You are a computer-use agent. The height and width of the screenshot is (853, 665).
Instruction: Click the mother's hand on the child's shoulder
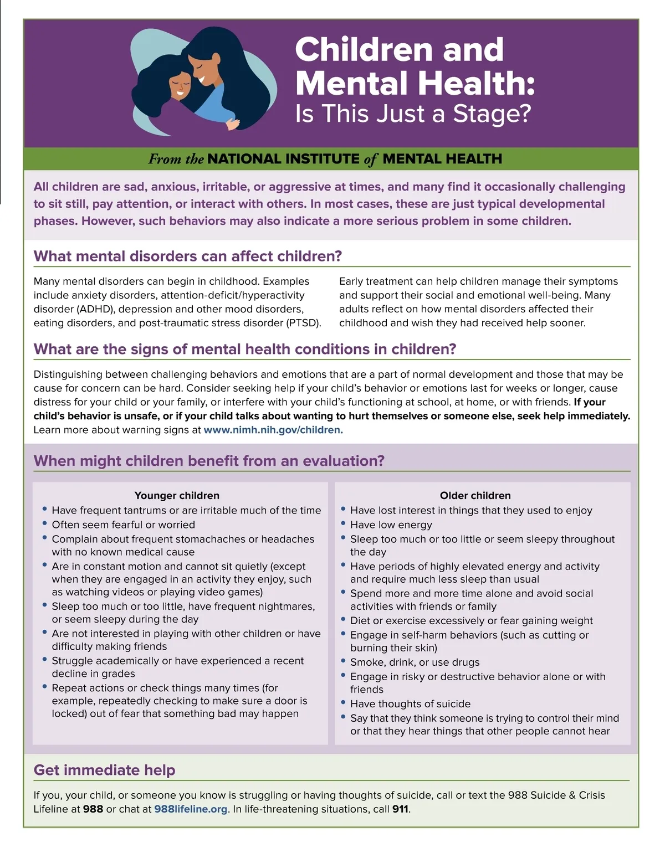click(x=233, y=124)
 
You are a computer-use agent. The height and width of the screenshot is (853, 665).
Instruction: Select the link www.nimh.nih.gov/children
click(x=273, y=430)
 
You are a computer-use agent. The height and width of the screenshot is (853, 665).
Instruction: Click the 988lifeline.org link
click(x=191, y=809)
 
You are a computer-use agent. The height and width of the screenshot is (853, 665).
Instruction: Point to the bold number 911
click(x=401, y=809)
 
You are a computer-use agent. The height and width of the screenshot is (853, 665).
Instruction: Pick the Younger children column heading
click(x=177, y=496)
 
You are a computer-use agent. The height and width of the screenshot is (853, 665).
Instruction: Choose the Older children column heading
click(x=475, y=496)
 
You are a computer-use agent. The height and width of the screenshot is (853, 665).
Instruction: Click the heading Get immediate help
click(x=104, y=770)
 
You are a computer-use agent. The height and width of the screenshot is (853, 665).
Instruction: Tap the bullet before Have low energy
click(x=344, y=523)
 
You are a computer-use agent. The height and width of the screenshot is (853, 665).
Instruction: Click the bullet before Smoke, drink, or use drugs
click(x=344, y=660)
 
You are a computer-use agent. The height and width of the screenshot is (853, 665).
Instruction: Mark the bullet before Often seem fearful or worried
click(x=45, y=523)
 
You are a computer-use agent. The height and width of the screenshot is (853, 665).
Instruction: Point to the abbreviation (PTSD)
click(x=302, y=323)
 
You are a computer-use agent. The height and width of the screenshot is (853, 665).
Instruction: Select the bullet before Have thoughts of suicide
click(x=344, y=702)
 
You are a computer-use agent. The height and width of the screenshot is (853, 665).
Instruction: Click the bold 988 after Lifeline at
click(x=93, y=809)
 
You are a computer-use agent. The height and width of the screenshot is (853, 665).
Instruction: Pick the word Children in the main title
click(x=363, y=50)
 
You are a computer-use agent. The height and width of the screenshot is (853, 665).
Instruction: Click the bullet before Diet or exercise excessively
click(x=344, y=619)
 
